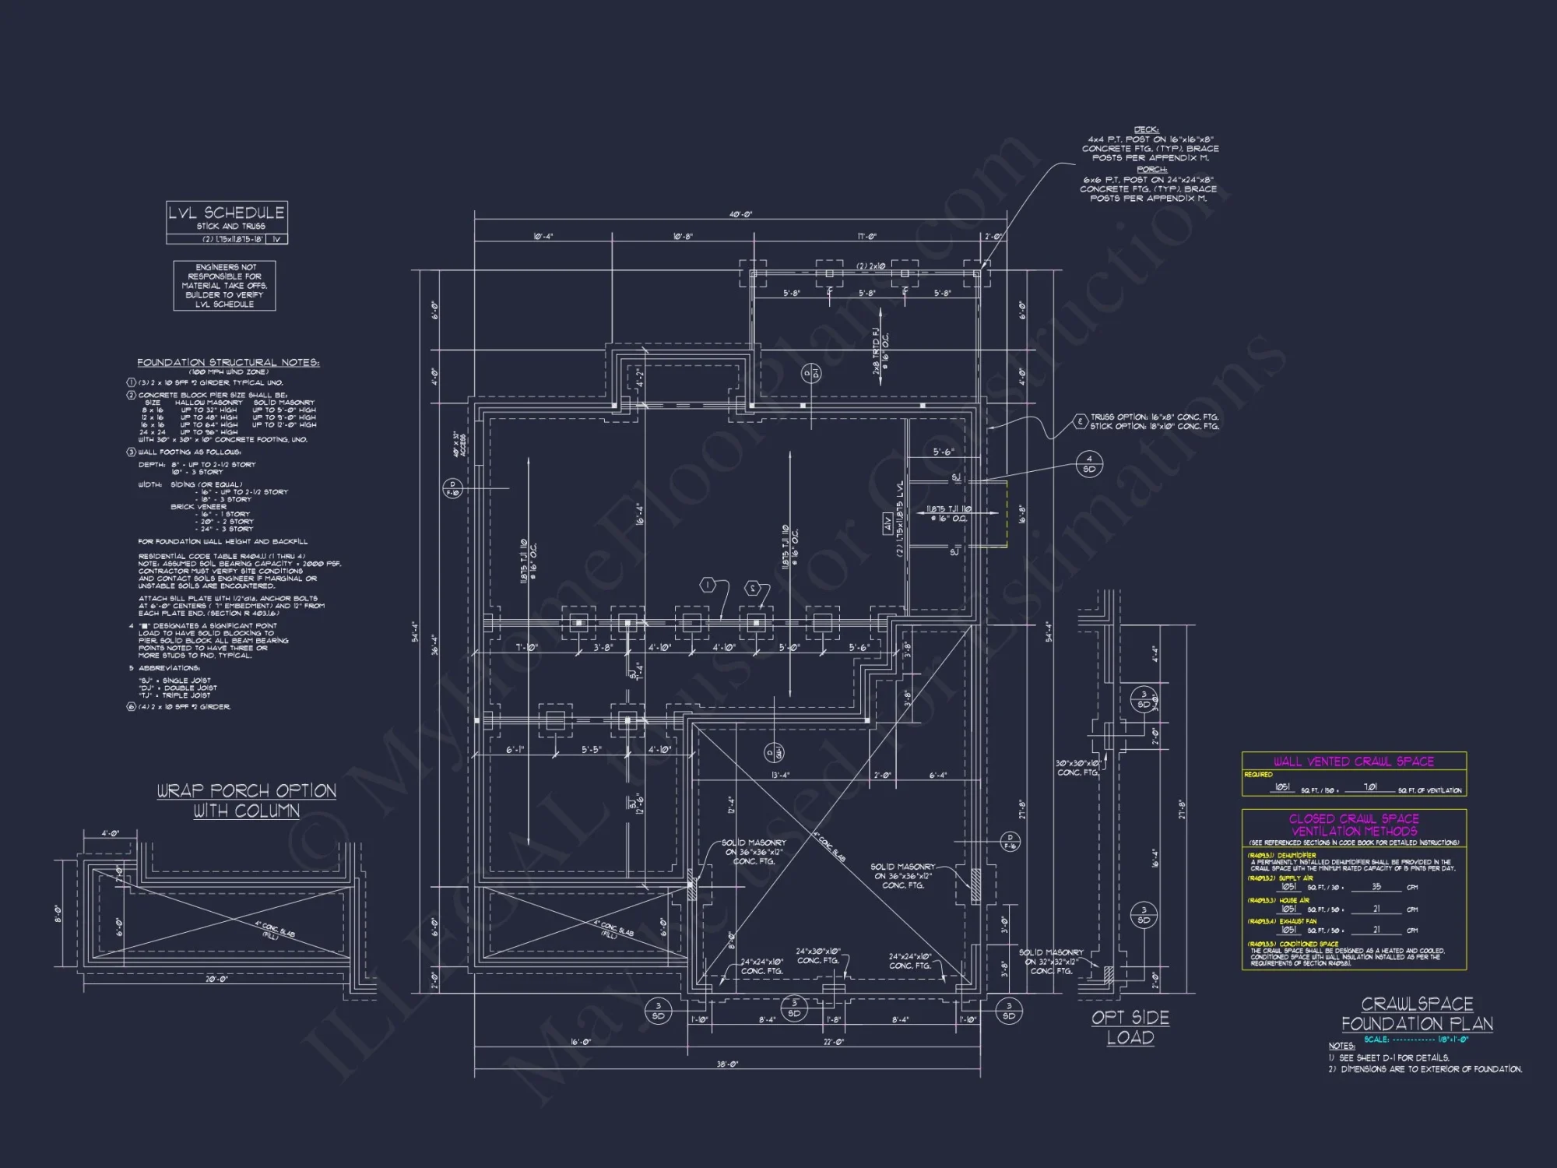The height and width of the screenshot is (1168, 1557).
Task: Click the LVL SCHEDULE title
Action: (227, 213)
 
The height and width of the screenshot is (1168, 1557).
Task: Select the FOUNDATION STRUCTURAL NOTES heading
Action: (228, 362)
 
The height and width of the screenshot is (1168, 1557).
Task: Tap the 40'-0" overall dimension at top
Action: (740, 214)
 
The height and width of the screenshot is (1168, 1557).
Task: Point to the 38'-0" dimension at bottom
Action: (726, 1064)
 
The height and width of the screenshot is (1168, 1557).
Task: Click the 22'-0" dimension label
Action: (833, 1042)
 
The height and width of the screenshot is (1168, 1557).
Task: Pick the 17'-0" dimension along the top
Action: (866, 236)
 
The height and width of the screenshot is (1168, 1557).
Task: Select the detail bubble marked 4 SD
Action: (1089, 464)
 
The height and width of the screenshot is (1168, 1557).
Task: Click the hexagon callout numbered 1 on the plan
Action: (707, 585)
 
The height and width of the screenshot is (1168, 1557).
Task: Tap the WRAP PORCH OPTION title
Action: (246, 791)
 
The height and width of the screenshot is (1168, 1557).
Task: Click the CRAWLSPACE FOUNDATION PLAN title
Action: (1417, 1014)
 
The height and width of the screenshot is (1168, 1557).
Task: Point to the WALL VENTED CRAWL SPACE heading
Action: (1353, 762)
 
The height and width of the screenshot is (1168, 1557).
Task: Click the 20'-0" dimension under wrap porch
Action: (216, 979)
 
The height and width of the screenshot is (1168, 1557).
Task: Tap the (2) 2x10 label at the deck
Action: (870, 266)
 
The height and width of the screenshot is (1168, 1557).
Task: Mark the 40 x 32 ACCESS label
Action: (460, 444)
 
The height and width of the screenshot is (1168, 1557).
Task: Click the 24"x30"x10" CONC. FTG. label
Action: (817, 955)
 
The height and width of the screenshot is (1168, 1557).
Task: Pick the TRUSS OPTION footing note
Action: (1155, 417)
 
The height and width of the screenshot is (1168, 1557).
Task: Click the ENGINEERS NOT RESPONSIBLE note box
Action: (224, 286)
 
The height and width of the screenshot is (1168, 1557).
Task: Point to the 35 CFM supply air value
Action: (1376, 887)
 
